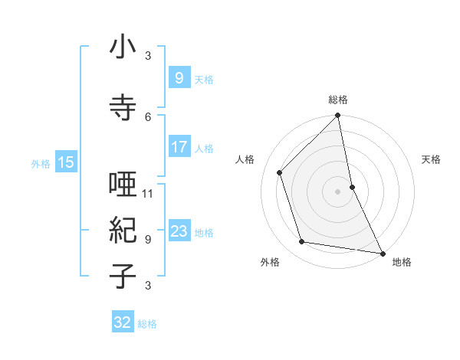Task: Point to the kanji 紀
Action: [123, 230]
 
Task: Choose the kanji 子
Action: [123, 275]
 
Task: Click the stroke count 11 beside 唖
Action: [148, 193]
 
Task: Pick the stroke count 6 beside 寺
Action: [148, 116]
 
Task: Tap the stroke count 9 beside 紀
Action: [148, 239]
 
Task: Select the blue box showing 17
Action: [179, 147]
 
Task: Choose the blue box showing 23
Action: [179, 231]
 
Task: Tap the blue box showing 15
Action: [65, 162]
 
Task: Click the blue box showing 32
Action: [123, 322]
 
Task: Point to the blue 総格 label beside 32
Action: [147, 324]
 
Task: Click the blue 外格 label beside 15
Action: [41, 163]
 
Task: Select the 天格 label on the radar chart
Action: [431, 159]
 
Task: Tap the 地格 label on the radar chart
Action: [402, 262]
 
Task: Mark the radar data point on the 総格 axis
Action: [338, 116]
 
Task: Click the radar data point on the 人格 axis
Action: [280, 172]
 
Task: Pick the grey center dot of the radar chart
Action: [337, 191]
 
